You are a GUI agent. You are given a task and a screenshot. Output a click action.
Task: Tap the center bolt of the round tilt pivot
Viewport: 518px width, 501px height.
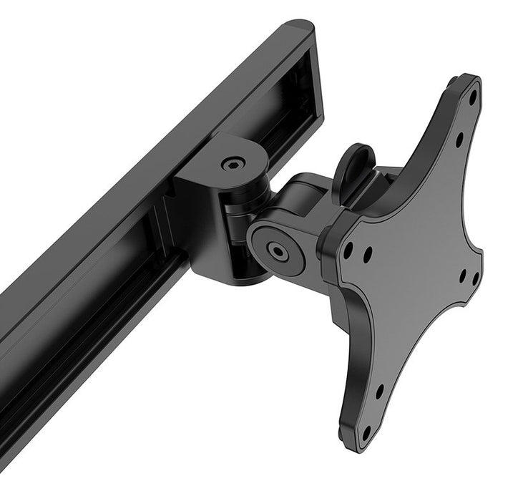click(275, 250)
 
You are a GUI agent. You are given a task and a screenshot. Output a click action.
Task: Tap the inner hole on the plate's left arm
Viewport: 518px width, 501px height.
click(367, 253)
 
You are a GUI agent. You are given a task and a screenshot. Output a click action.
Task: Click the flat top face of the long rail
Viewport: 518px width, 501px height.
click(143, 129)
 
